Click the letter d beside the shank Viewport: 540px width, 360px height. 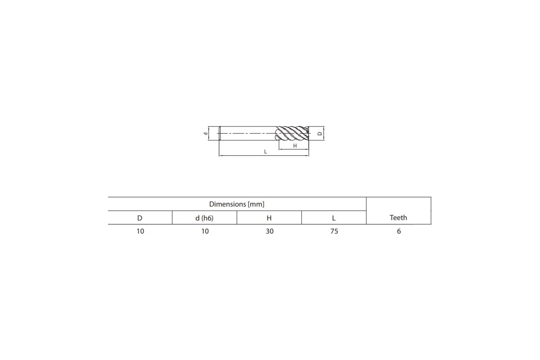205,133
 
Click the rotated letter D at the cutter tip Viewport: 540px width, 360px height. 320,133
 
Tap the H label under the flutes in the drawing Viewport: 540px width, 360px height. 295,146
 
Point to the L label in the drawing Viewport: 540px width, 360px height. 265,152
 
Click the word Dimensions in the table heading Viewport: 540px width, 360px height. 228,204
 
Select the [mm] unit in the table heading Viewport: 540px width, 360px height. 256,204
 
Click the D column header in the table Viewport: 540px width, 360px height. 140,218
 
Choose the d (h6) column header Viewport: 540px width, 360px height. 204,218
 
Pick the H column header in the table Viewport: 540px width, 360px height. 269,218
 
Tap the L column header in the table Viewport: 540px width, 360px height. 334,218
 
